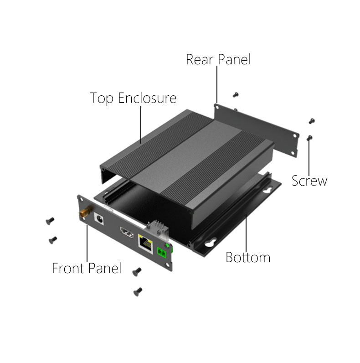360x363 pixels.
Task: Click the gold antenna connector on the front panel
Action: (85, 212)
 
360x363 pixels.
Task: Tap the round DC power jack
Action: (99, 219)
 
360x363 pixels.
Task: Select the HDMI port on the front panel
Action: (127, 233)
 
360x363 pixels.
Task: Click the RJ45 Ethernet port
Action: (145, 244)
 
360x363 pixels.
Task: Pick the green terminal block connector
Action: (162, 253)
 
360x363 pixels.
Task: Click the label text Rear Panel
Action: (218, 59)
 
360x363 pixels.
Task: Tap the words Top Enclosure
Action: (133, 98)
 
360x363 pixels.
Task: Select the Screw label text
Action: (309, 181)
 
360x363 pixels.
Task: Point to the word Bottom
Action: (248, 257)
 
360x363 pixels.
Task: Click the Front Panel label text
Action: (87, 268)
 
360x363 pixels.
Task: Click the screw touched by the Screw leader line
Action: (309, 138)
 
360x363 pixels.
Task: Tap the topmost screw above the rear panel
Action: (236, 94)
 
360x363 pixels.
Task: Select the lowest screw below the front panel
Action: (138, 292)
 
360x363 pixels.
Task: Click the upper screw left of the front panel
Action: (50, 221)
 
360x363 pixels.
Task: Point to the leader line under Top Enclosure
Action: (141, 125)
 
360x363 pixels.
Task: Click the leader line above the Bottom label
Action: (246, 232)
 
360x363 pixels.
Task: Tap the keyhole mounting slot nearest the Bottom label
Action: (211, 243)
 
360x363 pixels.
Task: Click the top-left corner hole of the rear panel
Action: (217, 108)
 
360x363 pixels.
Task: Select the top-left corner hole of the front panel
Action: (81, 200)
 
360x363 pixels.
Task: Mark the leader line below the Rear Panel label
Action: (217, 84)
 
